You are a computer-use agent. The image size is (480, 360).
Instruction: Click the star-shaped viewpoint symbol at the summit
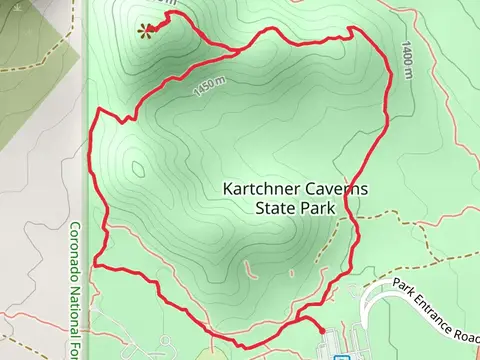click(x=146, y=30)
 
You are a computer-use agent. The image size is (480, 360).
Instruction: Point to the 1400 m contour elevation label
click(x=407, y=61)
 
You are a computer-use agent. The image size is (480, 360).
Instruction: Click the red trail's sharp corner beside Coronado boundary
click(x=95, y=265)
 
